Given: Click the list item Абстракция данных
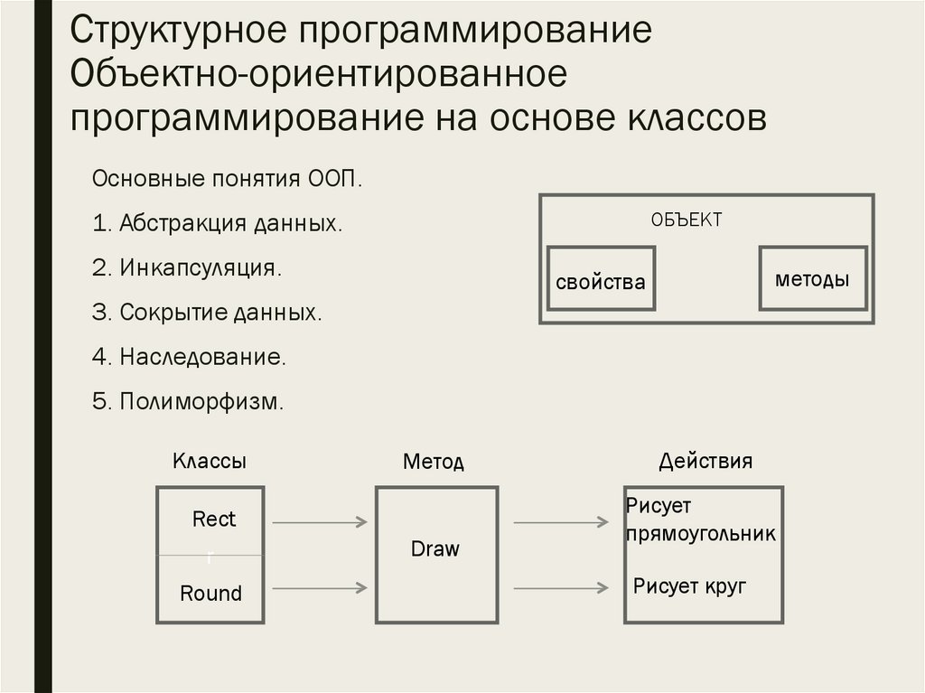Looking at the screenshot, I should pyautogui.click(x=217, y=223).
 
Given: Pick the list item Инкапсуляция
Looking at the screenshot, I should pyautogui.click(x=186, y=268).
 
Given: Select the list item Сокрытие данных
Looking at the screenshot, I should pyautogui.click(x=207, y=313).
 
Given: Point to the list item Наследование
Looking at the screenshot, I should pyautogui.click(x=189, y=357).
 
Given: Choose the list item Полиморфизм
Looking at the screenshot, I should pyautogui.click(x=188, y=402).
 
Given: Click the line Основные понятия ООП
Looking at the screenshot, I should pyautogui.click(x=227, y=178).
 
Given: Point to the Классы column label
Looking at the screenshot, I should pyautogui.click(x=210, y=461).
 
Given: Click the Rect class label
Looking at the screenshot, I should pyautogui.click(x=213, y=520).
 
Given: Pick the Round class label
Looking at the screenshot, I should pyautogui.click(x=211, y=594).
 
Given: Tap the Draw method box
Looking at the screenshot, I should pyautogui.click(x=435, y=553).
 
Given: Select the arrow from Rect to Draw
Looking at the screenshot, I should pyautogui.click(x=320, y=521).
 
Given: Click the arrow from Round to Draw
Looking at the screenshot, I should pyautogui.click(x=320, y=588).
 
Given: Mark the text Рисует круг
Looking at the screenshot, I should pyautogui.click(x=689, y=586).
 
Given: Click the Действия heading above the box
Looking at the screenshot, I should pyautogui.click(x=705, y=461).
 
